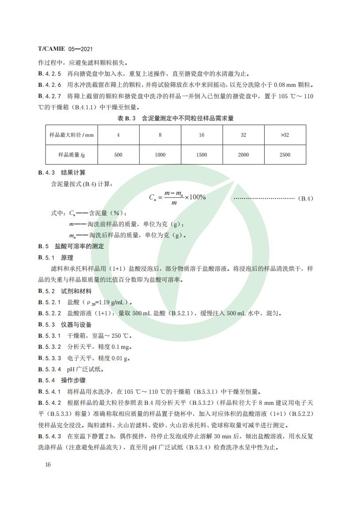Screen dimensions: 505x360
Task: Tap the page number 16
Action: click(x=48, y=465)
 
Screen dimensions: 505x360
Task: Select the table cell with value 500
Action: click(x=118, y=155)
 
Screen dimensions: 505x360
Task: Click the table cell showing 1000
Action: click(x=160, y=155)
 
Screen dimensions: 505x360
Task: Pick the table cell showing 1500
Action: click(x=202, y=155)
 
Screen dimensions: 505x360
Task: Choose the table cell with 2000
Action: click(x=243, y=155)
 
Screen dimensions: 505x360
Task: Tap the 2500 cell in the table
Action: click(x=285, y=155)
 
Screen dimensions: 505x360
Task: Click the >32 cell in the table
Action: click(x=285, y=135)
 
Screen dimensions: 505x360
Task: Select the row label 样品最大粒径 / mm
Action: click(x=71, y=135)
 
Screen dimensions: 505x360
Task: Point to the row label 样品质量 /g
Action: click(x=71, y=155)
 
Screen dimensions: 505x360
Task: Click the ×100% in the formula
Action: click(x=195, y=197)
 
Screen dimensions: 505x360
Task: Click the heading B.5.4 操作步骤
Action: click(x=61, y=380)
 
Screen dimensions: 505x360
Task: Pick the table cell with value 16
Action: click(x=202, y=135)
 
